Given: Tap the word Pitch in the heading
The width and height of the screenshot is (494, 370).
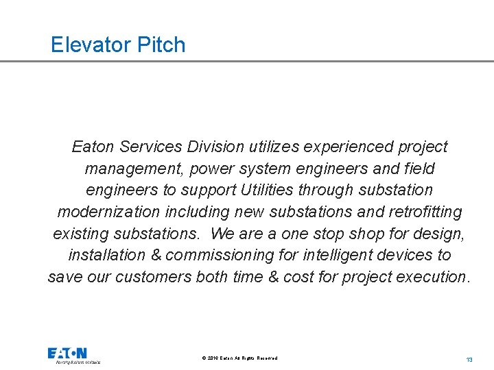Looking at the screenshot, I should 161,45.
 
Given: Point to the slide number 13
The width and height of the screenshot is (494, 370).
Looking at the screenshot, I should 469,360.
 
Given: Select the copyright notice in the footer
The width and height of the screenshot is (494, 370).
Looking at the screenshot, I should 240,358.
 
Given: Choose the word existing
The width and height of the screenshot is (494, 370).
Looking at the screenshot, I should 78,234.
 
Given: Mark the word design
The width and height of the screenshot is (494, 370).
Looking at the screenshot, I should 443,234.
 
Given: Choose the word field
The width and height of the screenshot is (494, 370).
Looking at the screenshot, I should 420,169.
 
